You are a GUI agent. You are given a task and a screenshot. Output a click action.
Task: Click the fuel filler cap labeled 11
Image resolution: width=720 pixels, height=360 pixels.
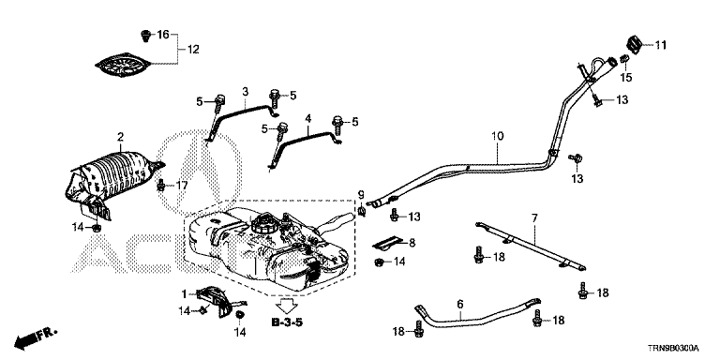coord(634,45)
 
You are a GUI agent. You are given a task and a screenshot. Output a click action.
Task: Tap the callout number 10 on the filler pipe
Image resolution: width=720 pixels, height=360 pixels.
coord(497,136)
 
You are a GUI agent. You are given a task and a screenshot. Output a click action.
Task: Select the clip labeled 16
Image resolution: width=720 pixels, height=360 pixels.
coord(145,36)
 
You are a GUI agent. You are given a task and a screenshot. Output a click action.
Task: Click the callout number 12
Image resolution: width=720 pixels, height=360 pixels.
coord(193,49)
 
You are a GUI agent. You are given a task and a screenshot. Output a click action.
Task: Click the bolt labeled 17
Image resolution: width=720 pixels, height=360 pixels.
coord(161,186)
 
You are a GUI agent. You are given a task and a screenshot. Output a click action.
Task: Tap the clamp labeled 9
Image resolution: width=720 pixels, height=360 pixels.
coord(361,211)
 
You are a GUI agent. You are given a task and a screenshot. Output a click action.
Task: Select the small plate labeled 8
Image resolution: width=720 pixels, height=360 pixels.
coord(388,244)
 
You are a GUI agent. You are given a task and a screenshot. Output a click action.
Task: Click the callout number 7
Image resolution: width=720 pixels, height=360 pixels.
coord(534,218)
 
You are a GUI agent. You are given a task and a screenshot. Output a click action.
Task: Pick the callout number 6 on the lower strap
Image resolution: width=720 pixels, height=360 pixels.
coord(460,304)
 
